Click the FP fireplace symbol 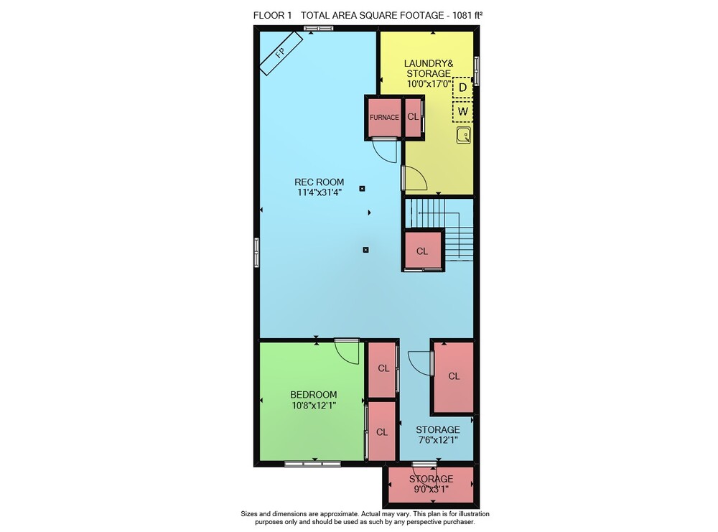(x=281, y=52)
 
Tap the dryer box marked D (x=462, y=88)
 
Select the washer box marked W (x=462, y=111)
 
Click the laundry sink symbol (x=463, y=136)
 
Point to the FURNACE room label (x=384, y=117)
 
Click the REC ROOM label (x=320, y=182)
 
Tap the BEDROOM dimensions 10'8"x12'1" (x=314, y=405)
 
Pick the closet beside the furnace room (x=413, y=117)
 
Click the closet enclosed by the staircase (x=422, y=251)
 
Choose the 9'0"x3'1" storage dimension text (x=431, y=489)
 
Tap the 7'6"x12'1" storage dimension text (x=438, y=440)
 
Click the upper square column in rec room (x=362, y=189)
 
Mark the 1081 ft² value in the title (x=467, y=15)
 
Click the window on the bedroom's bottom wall (x=313, y=464)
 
